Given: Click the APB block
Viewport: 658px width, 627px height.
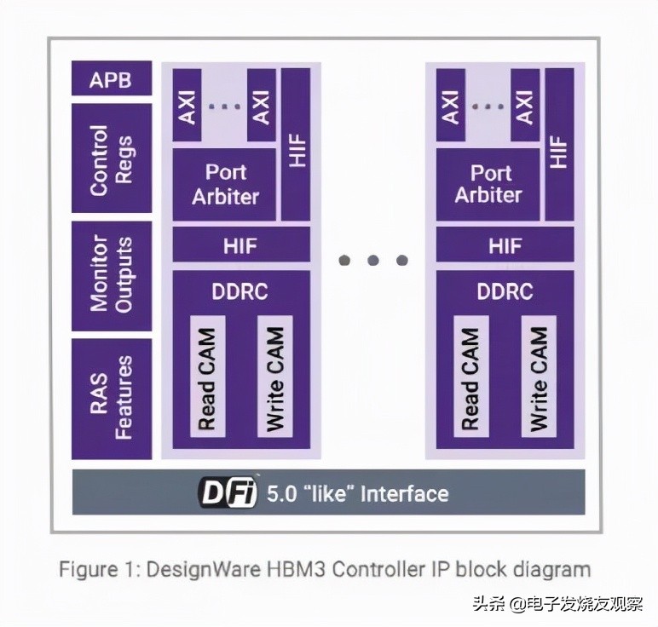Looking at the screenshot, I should pos(112,79).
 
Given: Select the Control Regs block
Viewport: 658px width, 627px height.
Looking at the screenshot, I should pos(112,159).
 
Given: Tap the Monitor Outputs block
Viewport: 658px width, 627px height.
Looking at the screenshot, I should pos(112,276).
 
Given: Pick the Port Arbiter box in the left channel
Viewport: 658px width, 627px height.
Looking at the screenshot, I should pos(225,184).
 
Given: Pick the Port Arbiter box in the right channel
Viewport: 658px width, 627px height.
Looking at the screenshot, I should pos(488,184).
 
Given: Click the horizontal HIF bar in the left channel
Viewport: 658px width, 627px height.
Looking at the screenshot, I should pos(241,245).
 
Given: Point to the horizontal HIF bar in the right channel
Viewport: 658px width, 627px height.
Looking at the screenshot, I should pos(505,245).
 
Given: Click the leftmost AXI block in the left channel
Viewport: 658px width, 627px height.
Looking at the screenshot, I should pos(188,106).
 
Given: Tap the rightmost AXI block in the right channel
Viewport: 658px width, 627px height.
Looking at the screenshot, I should pos(524,106).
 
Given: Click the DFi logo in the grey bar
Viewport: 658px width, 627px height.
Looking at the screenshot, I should pos(228,493).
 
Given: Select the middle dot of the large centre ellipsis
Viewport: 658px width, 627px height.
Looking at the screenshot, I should pos(373,260).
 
